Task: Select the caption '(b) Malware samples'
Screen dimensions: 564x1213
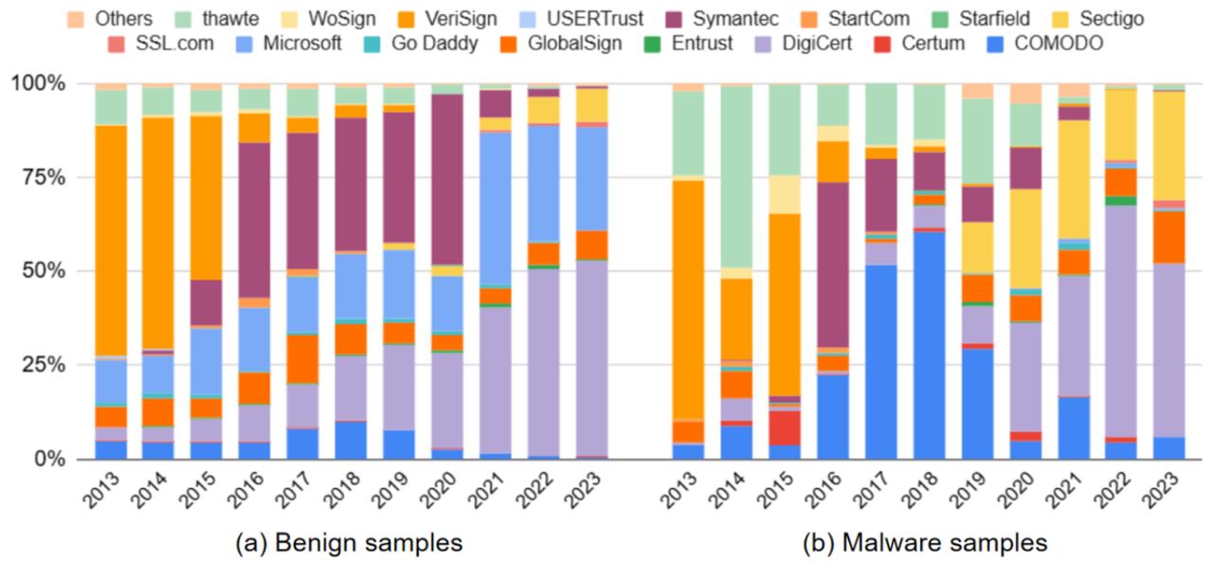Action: coord(925,542)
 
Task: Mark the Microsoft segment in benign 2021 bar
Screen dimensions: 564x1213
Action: coord(495,208)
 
